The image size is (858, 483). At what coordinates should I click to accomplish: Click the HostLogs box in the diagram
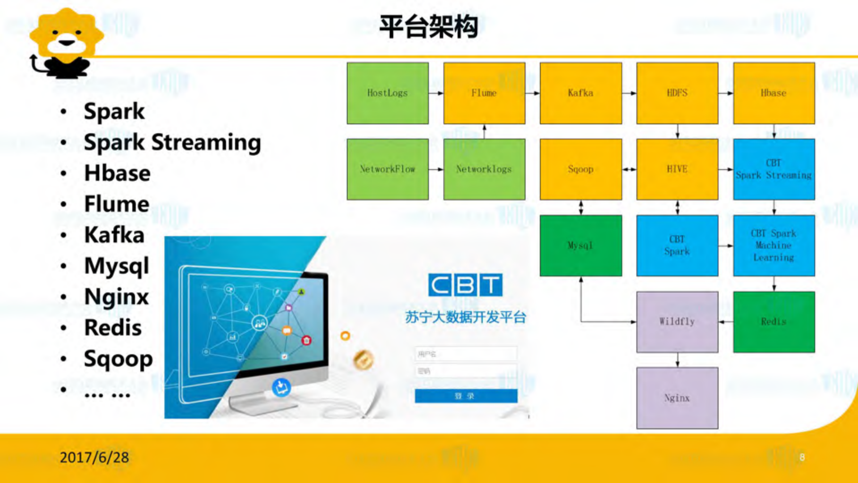tap(387, 93)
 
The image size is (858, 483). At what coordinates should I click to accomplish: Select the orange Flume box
tap(484, 93)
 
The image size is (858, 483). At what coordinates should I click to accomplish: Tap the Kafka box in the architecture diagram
tap(580, 93)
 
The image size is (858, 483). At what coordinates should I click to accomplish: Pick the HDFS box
tap(677, 93)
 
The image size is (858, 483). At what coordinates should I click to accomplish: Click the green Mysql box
tap(580, 246)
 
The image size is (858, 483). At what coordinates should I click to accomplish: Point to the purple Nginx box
tap(677, 398)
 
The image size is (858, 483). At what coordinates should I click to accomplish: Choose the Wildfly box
tap(677, 322)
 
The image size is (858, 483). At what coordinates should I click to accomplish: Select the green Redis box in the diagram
tap(773, 322)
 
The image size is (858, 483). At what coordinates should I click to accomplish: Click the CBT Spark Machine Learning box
tap(773, 246)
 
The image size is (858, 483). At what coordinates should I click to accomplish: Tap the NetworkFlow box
tap(387, 169)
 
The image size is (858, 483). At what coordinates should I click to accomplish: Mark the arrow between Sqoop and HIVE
tap(629, 169)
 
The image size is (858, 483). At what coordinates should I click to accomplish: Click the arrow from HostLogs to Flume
tap(436, 93)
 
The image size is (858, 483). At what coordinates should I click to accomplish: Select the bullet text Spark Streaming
tap(172, 143)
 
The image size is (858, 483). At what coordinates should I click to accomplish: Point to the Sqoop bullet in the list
tap(118, 359)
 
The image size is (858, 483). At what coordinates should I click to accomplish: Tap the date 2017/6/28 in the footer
tap(94, 457)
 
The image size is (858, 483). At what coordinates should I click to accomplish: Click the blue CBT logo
tap(465, 285)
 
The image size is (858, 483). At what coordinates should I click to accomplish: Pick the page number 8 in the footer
tap(802, 457)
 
